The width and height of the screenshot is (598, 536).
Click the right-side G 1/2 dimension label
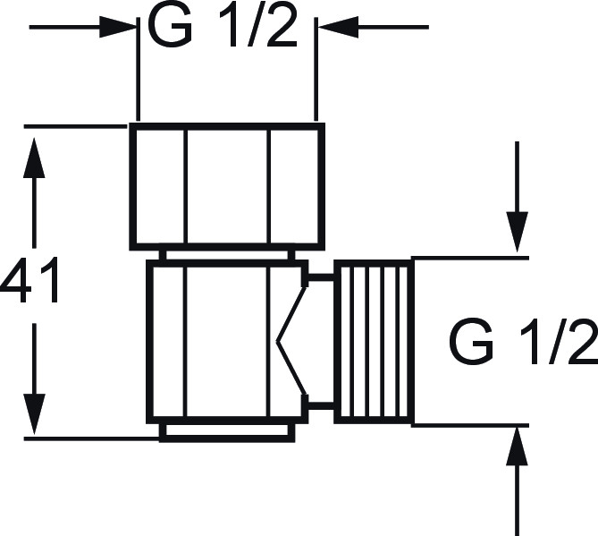tap(524, 344)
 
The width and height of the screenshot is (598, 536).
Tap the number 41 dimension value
tap(30, 280)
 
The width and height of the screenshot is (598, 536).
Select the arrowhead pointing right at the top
tap(118, 27)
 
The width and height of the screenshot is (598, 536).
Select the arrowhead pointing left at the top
tap(338, 27)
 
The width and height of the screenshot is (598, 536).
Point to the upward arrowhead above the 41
tap(34, 157)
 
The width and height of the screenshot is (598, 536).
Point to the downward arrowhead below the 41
tap(34, 414)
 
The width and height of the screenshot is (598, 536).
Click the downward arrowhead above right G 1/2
tap(518, 232)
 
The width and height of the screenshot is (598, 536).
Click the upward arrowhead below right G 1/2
tap(518, 447)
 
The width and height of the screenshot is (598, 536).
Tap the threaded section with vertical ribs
tap(374, 342)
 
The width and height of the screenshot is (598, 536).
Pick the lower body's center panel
tap(227, 341)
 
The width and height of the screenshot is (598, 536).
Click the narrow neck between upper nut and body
tap(227, 255)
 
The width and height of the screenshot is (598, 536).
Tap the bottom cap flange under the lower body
tap(227, 432)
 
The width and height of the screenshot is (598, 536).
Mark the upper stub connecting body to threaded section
tap(321, 278)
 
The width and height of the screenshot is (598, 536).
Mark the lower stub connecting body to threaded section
tap(321, 405)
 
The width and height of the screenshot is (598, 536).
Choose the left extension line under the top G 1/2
tap(138, 69)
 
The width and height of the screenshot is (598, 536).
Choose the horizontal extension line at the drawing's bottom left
tap(91, 439)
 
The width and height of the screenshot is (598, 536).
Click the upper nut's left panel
tap(160, 186)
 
